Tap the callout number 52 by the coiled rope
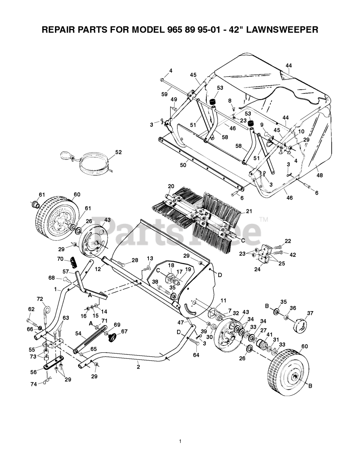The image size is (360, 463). tap(119, 152)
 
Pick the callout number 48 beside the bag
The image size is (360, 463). tap(320, 175)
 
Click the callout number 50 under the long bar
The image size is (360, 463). tap(183, 165)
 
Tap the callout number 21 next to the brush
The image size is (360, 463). tap(249, 211)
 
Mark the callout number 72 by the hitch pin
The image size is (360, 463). tap(40, 299)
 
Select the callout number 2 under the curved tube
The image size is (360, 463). tap(138, 362)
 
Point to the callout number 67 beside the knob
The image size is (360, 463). tap(124, 331)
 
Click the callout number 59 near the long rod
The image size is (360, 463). tap(164, 94)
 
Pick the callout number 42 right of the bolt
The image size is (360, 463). tap(292, 255)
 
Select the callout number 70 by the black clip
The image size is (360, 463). tap(60, 259)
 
